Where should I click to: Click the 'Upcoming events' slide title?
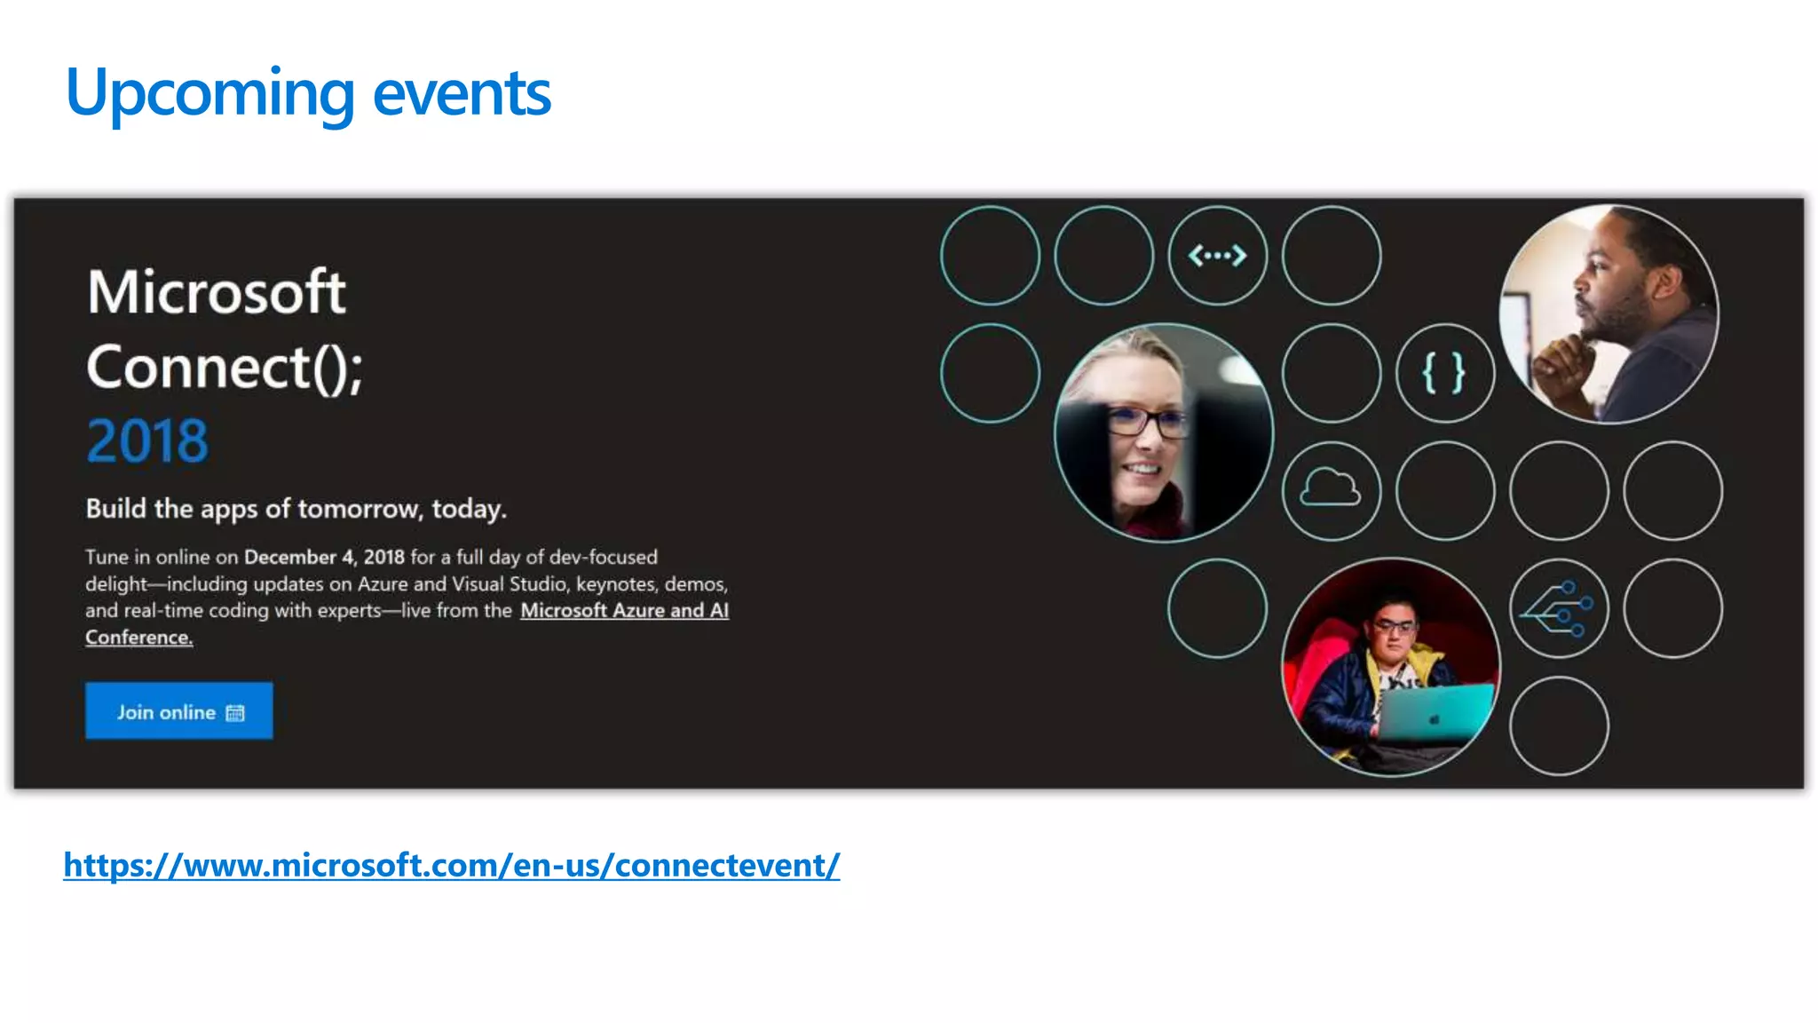pyautogui.click(x=307, y=93)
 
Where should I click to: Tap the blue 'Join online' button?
pyautogui.click(x=178, y=710)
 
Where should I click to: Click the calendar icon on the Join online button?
pyautogui.click(x=235, y=713)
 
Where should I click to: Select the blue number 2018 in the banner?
pyautogui.click(x=147, y=441)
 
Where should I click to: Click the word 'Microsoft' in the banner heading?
pyautogui.click(x=217, y=292)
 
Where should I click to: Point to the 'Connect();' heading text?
pyautogui.click(x=225, y=368)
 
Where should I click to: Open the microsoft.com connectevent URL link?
pyautogui.click(x=451, y=865)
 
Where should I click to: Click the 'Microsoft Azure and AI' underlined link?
pyautogui.click(x=624, y=611)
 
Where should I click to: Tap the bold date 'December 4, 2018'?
pyautogui.click(x=324, y=558)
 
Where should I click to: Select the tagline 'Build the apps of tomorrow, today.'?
pyautogui.click(x=296, y=509)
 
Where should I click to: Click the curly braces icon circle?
pyautogui.click(x=1444, y=373)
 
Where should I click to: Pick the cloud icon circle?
pyautogui.click(x=1330, y=489)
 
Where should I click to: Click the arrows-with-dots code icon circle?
pyautogui.click(x=1217, y=256)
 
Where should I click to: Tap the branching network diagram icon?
pyautogui.click(x=1558, y=608)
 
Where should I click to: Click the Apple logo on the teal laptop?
pyautogui.click(x=1434, y=718)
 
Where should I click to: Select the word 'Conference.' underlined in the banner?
pyautogui.click(x=138, y=638)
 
